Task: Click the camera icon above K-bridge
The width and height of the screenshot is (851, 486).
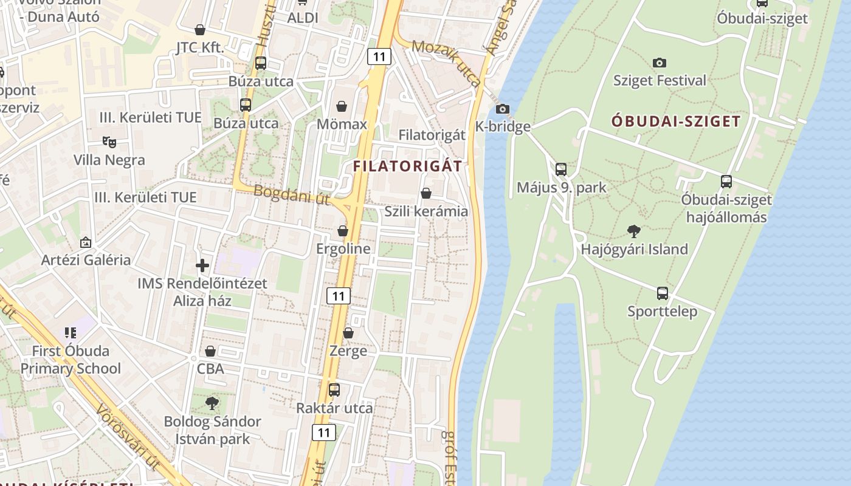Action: pyautogui.click(x=502, y=109)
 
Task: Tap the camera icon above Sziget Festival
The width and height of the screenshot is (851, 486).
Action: pyautogui.click(x=660, y=63)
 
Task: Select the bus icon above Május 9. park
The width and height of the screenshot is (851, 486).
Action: pyautogui.click(x=561, y=169)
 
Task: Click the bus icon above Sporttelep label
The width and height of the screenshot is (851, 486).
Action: pyautogui.click(x=663, y=293)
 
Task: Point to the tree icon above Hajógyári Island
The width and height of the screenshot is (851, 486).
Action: pyautogui.click(x=634, y=231)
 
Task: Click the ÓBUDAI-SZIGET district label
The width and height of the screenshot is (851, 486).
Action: pyautogui.click(x=676, y=121)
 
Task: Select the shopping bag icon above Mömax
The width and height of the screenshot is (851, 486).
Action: pyautogui.click(x=342, y=107)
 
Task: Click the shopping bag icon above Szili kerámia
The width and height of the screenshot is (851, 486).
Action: pyautogui.click(x=426, y=194)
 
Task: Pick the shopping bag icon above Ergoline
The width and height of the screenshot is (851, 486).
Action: pyautogui.click(x=343, y=231)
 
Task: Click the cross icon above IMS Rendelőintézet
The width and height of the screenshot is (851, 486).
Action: pyautogui.click(x=202, y=265)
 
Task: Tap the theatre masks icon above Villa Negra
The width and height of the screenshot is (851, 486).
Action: pyautogui.click(x=109, y=142)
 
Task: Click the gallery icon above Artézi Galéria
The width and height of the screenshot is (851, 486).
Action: pyautogui.click(x=86, y=242)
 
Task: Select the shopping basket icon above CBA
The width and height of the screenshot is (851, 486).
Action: pyautogui.click(x=210, y=351)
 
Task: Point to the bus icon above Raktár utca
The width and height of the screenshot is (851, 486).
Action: pyautogui.click(x=334, y=390)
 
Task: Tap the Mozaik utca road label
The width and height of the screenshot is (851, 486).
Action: pyautogui.click(x=446, y=63)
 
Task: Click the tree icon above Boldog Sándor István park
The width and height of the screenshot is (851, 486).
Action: pyautogui.click(x=212, y=403)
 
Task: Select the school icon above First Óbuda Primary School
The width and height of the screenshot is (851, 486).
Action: pyautogui.click(x=71, y=333)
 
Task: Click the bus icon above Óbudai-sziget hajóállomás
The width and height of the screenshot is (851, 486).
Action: pyautogui.click(x=726, y=182)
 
